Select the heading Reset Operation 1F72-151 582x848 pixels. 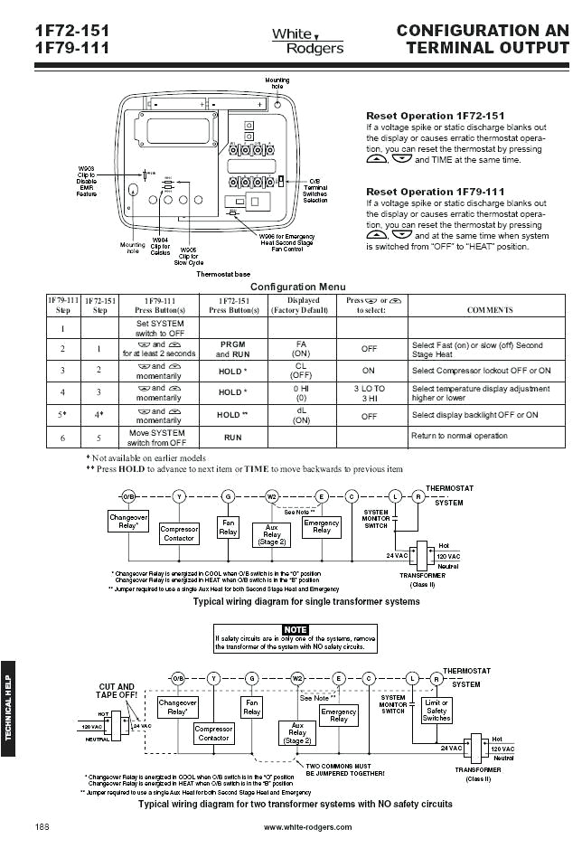[435, 116]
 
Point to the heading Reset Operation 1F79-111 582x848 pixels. [435, 192]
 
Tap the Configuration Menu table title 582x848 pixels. [297, 287]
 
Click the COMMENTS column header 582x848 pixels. [489, 309]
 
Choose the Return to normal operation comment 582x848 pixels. [459, 436]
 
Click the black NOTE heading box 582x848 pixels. [296, 629]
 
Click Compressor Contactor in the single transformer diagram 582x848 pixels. [179, 533]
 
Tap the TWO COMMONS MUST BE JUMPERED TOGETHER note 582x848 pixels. [346, 769]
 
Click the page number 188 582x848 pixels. [42, 827]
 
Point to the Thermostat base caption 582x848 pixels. [223, 273]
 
